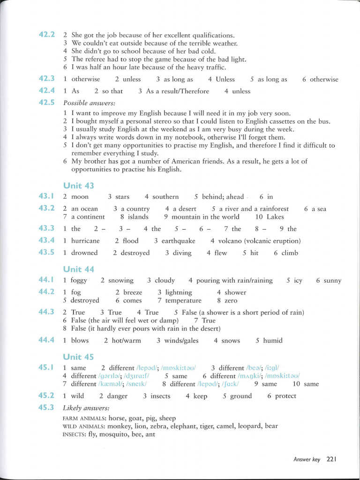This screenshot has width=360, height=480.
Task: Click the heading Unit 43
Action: pyautogui.click(x=78, y=186)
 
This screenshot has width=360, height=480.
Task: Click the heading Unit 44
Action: pyautogui.click(x=78, y=269)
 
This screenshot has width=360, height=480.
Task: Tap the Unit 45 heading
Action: pyautogui.click(x=78, y=357)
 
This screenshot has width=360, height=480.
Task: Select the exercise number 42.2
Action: pyautogui.click(x=47, y=35)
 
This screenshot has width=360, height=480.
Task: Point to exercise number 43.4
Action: pyautogui.click(x=47, y=240)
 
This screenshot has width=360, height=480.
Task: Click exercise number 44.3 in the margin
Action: pyautogui.click(x=47, y=312)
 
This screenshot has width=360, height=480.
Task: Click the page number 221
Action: pyautogui.click(x=332, y=459)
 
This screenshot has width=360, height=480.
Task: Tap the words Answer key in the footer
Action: pyautogui.click(x=307, y=459)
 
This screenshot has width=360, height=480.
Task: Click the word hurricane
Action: pyautogui.click(x=85, y=241)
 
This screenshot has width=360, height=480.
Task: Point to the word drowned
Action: pyautogui.click(x=84, y=253)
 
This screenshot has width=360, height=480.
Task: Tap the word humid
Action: pyautogui.click(x=273, y=341)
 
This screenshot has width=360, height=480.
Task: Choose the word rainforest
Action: pyautogui.click(x=271, y=209)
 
